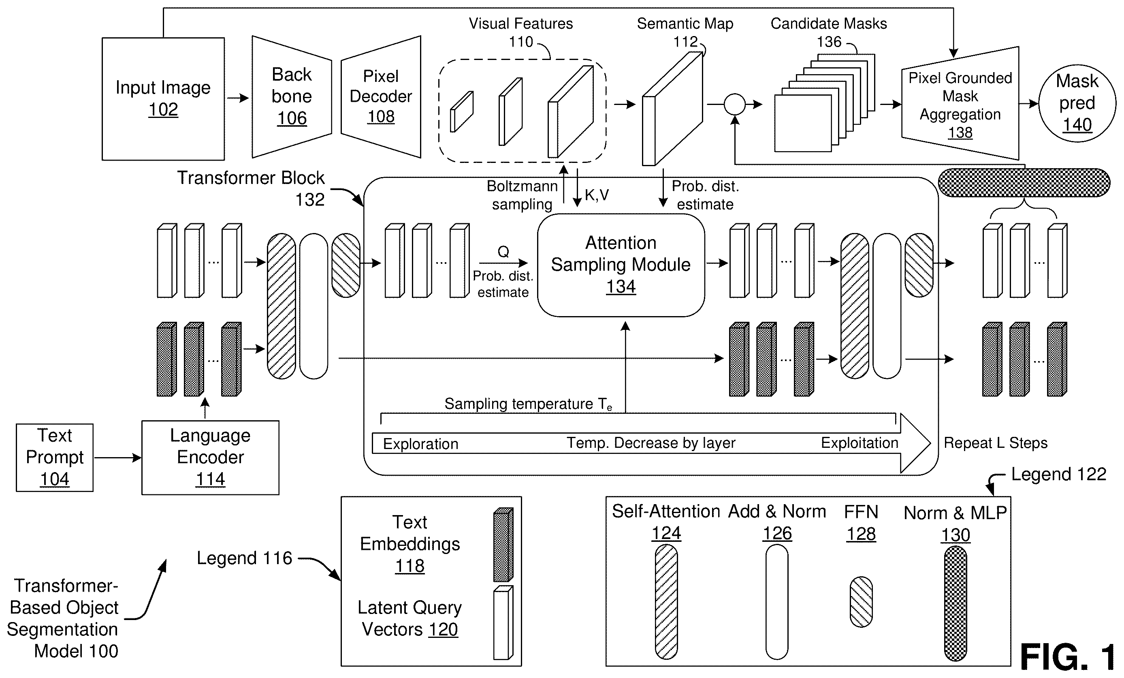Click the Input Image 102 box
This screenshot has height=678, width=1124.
pyautogui.click(x=163, y=98)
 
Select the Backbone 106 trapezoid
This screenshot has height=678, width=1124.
pyautogui.click(x=292, y=97)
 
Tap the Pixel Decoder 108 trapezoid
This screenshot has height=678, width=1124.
pyautogui.click(x=381, y=97)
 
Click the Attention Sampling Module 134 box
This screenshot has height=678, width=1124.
pyautogui.click(x=621, y=265)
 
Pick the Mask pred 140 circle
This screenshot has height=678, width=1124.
pyautogui.click(x=1077, y=103)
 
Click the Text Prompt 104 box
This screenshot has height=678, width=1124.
pyautogui.click(x=55, y=458)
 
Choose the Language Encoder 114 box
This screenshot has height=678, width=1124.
pyautogui.click(x=210, y=458)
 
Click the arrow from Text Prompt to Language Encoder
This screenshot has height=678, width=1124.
pyautogui.click(x=118, y=458)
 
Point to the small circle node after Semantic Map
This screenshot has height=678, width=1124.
pyautogui.click(x=734, y=105)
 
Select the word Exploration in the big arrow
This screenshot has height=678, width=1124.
pyautogui.click(x=420, y=444)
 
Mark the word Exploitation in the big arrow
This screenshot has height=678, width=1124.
pyautogui.click(x=860, y=443)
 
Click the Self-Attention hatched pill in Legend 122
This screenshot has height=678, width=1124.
pyautogui.click(x=666, y=602)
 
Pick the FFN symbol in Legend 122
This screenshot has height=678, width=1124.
pyautogui.click(x=861, y=602)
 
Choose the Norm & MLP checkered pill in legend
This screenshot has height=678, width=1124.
pyautogui.click(x=955, y=603)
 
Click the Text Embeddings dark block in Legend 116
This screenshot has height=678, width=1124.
pyautogui.click(x=503, y=545)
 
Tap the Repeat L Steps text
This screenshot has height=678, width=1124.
pyautogui.click(x=995, y=443)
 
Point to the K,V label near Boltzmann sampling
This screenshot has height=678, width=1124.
pyautogui.click(x=597, y=195)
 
